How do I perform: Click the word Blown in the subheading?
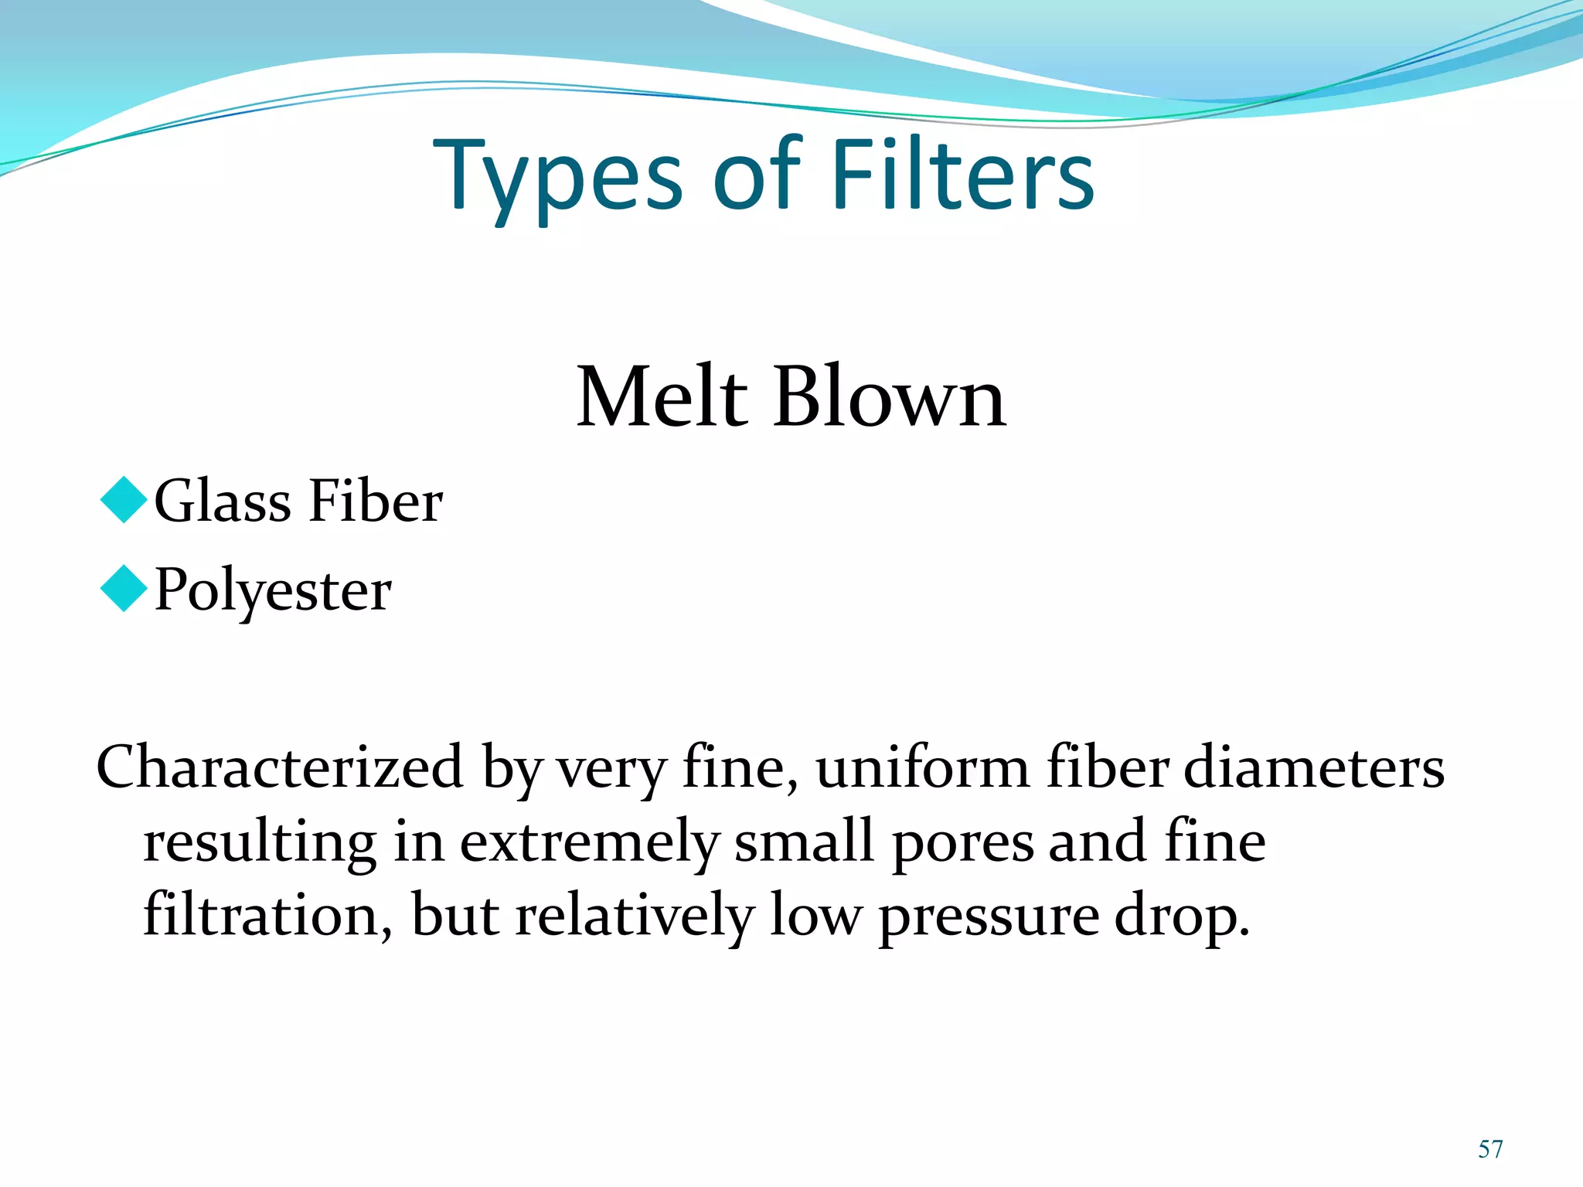coord(889,397)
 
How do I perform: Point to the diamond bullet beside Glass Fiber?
coord(124,500)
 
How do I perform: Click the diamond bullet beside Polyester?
coord(124,589)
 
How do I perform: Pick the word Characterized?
coord(279,767)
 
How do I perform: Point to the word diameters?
coord(1313,767)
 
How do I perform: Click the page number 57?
coord(1490,1149)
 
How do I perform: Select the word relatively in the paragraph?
coord(634,917)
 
